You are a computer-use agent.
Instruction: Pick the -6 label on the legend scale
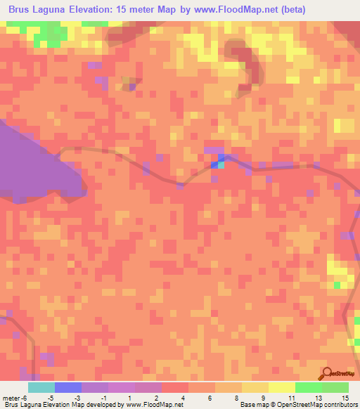(24, 398)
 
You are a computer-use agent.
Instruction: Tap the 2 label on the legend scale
(156, 398)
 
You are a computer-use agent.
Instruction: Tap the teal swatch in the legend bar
(41, 387)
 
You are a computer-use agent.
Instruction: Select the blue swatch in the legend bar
(68, 387)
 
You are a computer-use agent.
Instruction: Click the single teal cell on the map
(221, 165)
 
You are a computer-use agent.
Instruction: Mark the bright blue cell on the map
(214, 165)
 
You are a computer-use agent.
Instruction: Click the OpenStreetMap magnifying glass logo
(328, 373)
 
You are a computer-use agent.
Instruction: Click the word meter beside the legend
(11, 398)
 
